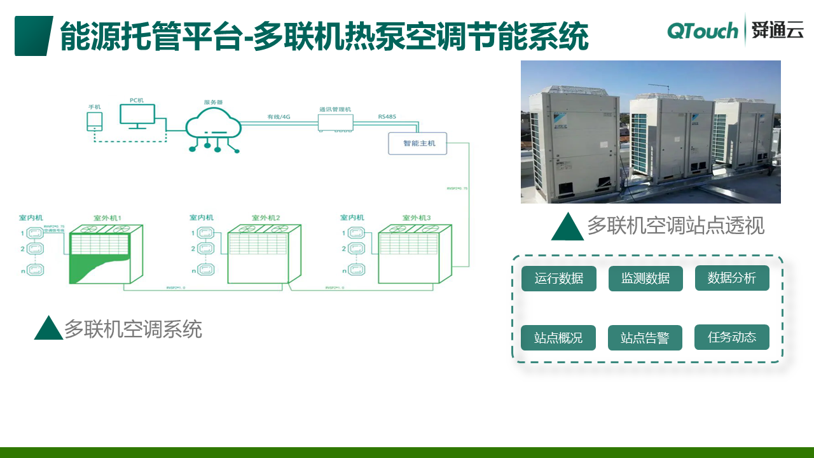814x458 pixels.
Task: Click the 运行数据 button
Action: [559, 279]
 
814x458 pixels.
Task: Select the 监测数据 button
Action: [645, 279]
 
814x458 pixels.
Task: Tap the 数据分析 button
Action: [732, 278]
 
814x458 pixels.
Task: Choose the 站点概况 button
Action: [558, 338]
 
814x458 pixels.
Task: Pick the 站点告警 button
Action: [645, 338]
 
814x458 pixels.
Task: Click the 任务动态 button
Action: [732, 337]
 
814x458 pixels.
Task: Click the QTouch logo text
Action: [702, 30]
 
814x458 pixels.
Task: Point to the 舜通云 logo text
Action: [777, 30]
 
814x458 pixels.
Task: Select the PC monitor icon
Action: [137, 116]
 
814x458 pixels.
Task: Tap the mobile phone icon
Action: [94, 121]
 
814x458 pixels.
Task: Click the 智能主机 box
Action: [418, 144]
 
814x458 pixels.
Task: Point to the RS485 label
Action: [386, 116]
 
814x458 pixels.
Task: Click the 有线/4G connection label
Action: [279, 116]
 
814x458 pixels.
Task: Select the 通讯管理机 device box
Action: [335, 120]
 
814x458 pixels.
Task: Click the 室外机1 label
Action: [107, 218]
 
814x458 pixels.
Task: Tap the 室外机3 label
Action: [416, 218]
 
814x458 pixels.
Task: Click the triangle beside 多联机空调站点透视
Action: [567, 226]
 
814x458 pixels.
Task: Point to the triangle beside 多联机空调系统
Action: [48, 328]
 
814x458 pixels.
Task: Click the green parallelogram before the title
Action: [33, 36]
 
